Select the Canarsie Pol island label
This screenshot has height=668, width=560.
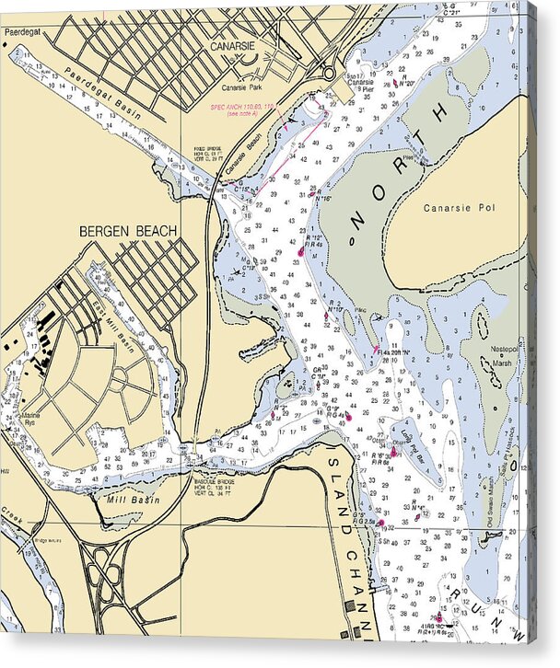coord(460,208)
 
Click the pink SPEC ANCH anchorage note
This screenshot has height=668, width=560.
coord(243,109)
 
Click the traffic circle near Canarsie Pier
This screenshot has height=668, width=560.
coord(328,73)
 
